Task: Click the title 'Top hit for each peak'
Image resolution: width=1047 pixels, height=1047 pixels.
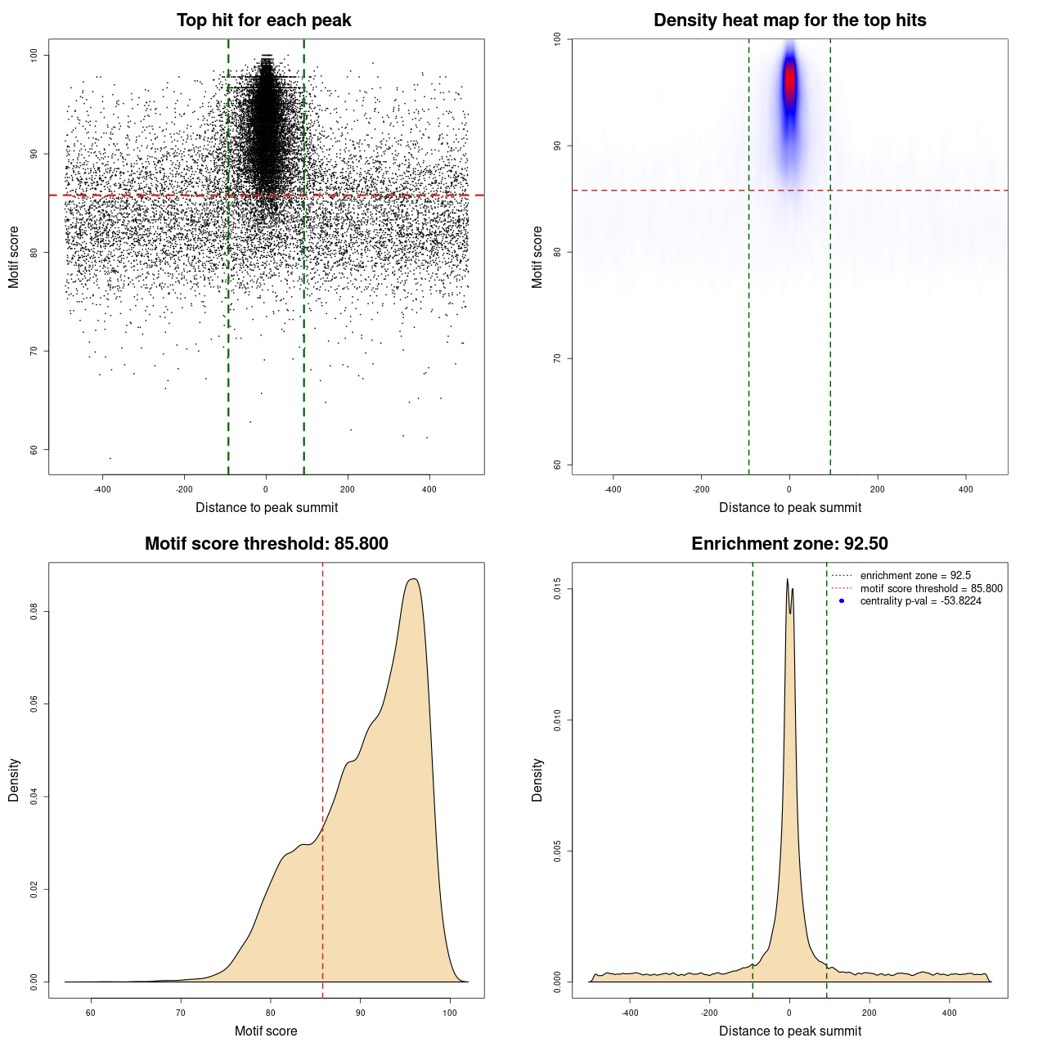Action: pyautogui.click(x=264, y=20)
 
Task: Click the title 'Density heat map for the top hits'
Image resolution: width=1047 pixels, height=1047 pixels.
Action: pyautogui.click(x=789, y=20)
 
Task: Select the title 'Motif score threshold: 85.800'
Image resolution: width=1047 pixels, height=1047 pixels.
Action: pyautogui.click(x=266, y=544)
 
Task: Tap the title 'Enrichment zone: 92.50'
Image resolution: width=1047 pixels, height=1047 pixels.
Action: pyautogui.click(x=789, y=544)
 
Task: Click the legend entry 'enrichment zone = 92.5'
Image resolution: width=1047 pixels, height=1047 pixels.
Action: pyautogui.click(x=914, y=576)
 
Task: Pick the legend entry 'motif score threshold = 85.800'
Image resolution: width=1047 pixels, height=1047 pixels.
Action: pyautogui.click(x=931, y=589)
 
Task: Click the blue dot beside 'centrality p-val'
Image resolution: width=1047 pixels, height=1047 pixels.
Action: pyautogui.click(x=842, y=601)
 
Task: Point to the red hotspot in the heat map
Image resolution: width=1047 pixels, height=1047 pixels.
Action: pyautogui.click(x=789, y=82)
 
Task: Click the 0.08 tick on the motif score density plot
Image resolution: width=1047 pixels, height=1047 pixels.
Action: pyautogui.click(x=34, y=612)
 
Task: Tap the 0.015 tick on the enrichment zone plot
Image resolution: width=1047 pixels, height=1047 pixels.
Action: pyautogui.click(x=557, y=590)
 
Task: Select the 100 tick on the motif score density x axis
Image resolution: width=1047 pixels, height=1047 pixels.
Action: pyautogui.click(x=450, y=1013)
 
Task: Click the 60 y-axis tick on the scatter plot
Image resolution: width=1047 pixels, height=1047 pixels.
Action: pyautogui.click(x=34, y=450)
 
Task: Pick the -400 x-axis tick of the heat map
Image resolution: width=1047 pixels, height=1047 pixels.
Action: pyautogui.click(x=613, y=489)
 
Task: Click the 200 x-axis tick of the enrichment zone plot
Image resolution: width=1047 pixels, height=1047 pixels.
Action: pyautogui.click(x=870, y=1013)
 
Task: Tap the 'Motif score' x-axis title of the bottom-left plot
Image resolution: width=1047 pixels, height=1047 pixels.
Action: pyautogui.click(x=266, y=1031)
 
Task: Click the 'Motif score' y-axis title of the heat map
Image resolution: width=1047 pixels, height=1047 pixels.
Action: pyautogui.click(x=537, y=257)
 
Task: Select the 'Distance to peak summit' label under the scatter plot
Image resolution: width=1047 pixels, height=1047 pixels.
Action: pyautogui.click(x=267, y=507)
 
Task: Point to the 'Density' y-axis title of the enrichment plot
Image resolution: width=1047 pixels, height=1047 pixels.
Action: pyautogui.click(x=537, y=780)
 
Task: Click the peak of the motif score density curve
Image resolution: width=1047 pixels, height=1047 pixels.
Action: pyautogui.click(x=414, y=579)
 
